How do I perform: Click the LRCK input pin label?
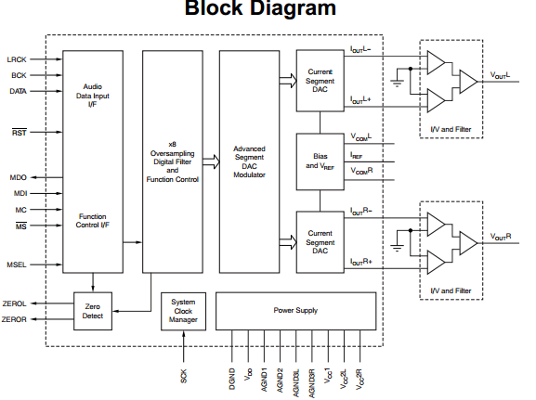(x=17, y=59)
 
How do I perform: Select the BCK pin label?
(x=19, y=75)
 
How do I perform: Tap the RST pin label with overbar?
(x=20, y=132)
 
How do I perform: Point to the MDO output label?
(x=19, y=177)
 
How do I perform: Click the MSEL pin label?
(x=17, y=265)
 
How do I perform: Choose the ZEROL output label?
(x=14, y=303)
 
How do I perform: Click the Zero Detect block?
(x=93, y=311)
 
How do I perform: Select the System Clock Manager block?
(x=183, y=311)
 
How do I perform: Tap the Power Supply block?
(x=295, y=311)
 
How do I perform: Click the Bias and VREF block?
(x=320, y=161)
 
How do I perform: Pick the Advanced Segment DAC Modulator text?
(x=249, y=161)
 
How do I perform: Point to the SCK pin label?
(x=183, y=376)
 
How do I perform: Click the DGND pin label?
(x=232, y=379)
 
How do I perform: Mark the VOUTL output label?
(x=500, y=75)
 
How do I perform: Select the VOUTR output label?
(x=501, y=237)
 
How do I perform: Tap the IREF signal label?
(x=356, y=155)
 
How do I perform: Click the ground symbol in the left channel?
(x=397, y=83)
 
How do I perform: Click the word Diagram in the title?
(x=294, y=8)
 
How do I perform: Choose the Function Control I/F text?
(x=92, y=221)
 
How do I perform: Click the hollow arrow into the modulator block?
(x=211, y=161)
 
